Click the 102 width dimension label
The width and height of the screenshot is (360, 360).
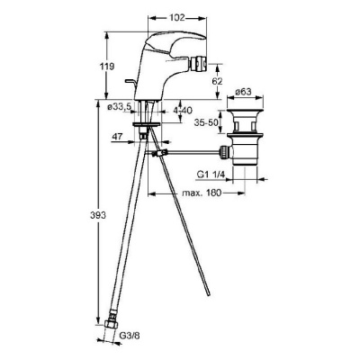[x=177, y=18]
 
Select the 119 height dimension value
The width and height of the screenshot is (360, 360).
[x=108, y=67]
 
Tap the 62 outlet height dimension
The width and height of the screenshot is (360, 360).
[x=217, y=81]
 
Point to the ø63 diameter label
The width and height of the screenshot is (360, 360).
[x=243, y=92]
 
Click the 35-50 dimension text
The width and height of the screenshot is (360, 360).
[x=205, y=123]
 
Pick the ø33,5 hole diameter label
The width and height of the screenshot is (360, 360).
[x=120, y=106]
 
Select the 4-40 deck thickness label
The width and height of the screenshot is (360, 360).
[x=183, y=111]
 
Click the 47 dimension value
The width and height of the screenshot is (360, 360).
[x=118, y=137]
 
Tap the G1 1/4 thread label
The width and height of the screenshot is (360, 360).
[x=211, y=174]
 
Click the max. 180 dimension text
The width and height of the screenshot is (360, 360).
[x=202, y=193]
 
